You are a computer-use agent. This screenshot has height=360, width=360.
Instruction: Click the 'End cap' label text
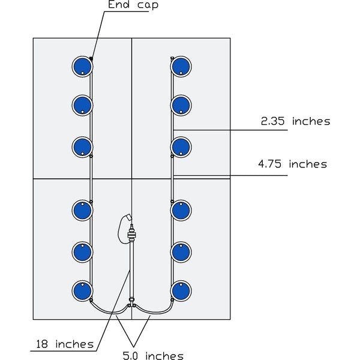(133, 6)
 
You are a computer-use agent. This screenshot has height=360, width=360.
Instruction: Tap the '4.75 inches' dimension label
(292, 164)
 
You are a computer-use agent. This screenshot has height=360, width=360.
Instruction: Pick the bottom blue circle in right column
(181, 291)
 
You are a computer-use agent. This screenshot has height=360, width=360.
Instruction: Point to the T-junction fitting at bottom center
(131, 306)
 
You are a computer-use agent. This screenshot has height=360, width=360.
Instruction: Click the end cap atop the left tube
(91, 58)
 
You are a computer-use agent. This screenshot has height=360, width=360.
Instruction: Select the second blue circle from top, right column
(181, 105)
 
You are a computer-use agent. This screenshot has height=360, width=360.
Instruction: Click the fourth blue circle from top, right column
(181, 210)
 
